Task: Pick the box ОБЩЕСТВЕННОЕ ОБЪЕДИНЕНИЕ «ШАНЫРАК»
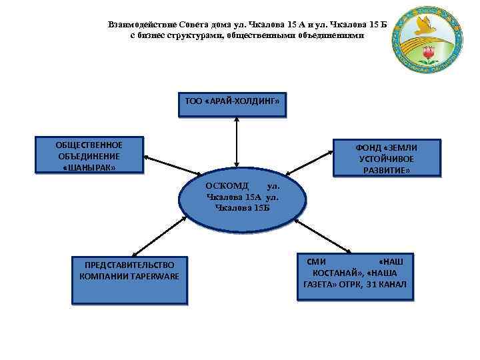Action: (x=89, y=156)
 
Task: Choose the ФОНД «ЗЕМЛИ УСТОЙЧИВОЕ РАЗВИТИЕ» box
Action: (x=387, y=159)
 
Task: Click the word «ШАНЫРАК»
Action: (x=88, y=167)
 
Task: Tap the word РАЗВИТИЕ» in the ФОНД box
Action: (x=387, y=171)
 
